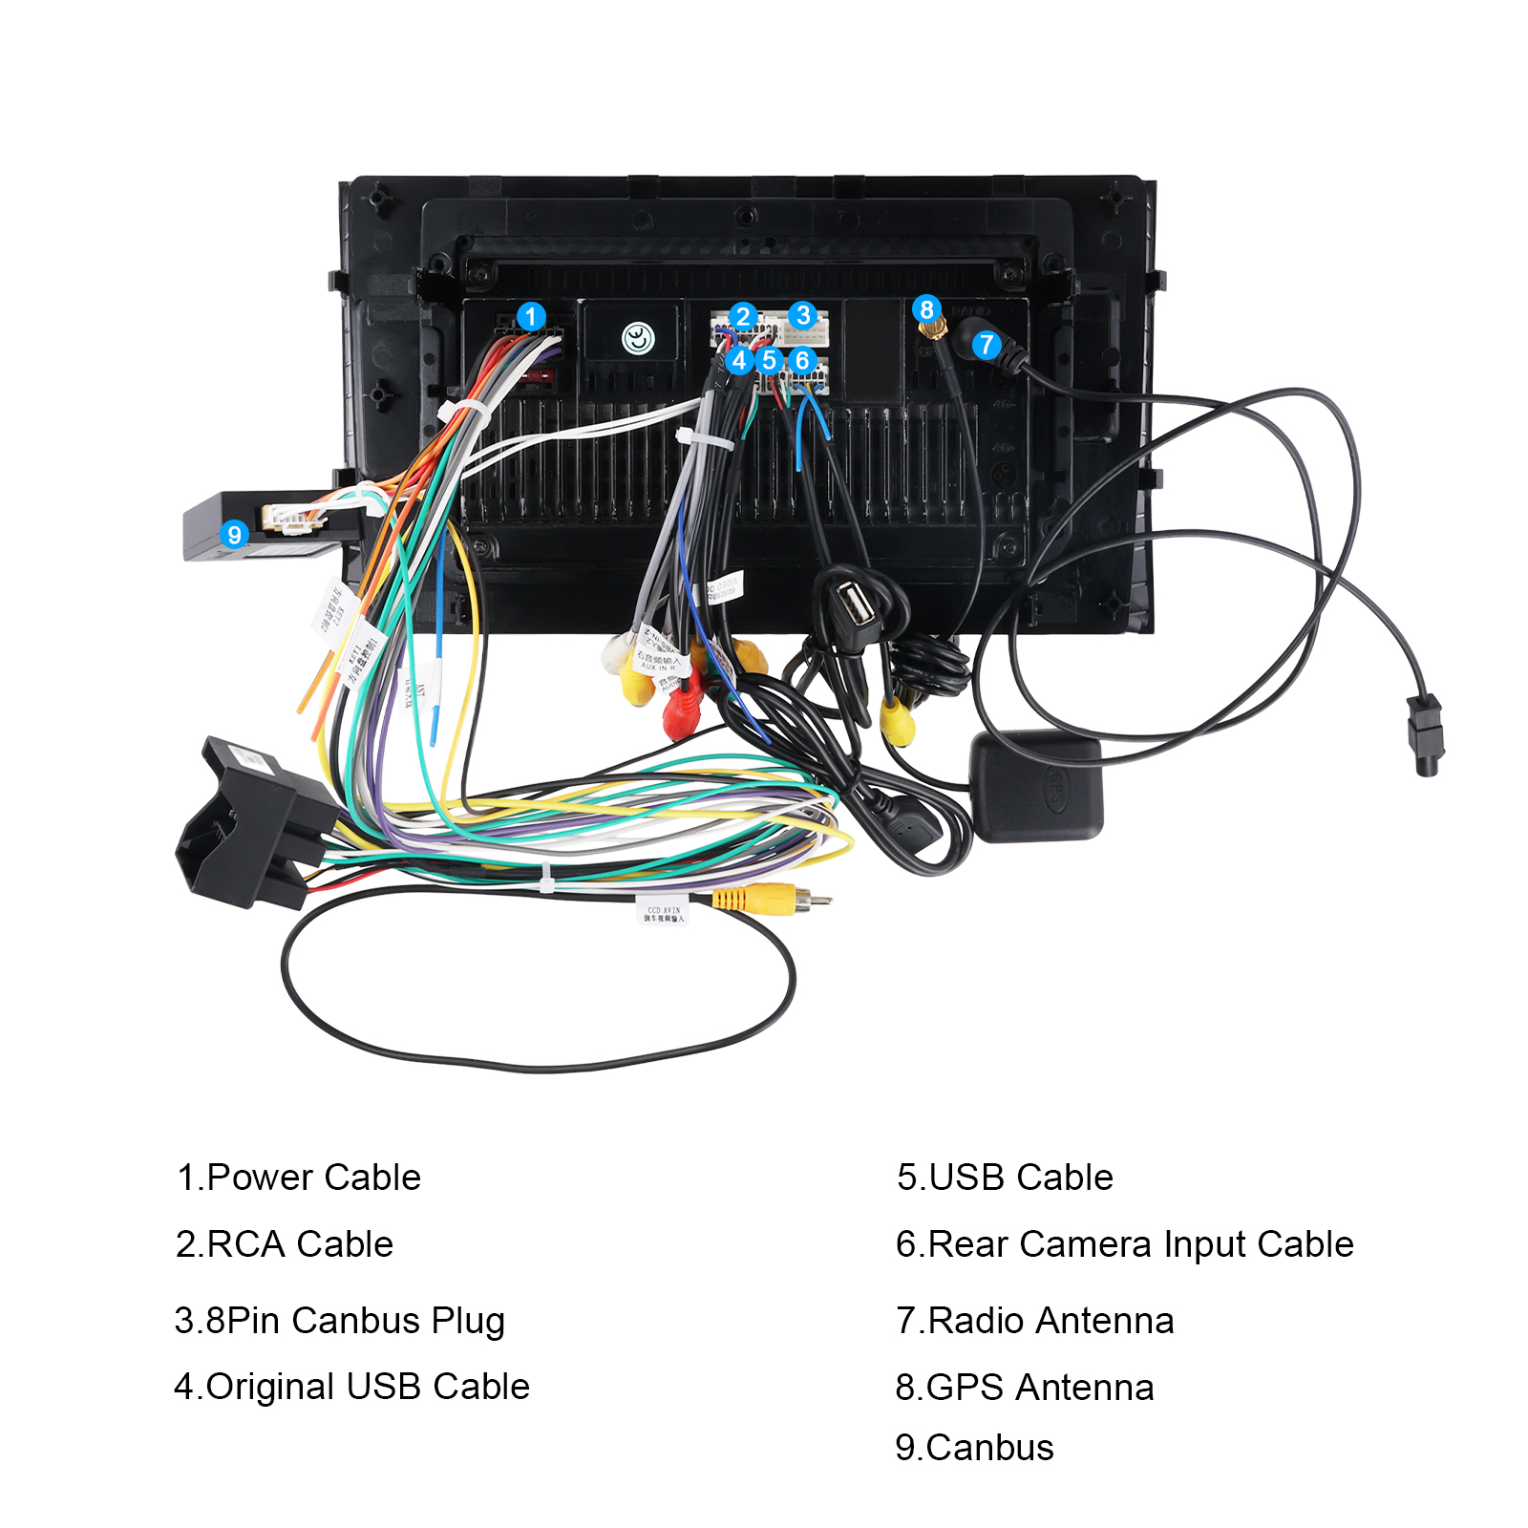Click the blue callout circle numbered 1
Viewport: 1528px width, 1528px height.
point(531,316)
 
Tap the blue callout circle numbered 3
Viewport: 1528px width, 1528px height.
point(802,315)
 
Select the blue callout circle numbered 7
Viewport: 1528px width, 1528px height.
point(987,345)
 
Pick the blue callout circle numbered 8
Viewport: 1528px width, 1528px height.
point(925,308)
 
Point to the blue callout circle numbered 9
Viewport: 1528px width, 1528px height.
point(234,534)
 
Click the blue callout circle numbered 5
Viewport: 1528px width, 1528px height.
point(769,360)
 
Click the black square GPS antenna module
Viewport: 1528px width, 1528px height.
point(1037,787)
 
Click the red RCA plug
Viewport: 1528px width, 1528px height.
point(682,711)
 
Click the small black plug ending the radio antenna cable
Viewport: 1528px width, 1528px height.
point(1425,735)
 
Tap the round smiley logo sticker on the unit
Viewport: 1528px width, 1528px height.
point(638,338)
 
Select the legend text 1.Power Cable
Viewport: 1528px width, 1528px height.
point(299,1178)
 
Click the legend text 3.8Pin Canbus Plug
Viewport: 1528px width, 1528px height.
point(339,1321)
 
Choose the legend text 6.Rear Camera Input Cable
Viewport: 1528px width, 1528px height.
point(1124,1244)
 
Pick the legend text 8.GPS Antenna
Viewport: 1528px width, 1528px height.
point(1024,1388)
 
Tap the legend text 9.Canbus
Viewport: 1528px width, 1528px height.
point(974,1448)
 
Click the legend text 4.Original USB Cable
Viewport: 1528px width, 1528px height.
point(351,1387)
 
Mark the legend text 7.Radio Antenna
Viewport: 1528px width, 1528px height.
point(1034,1321)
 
